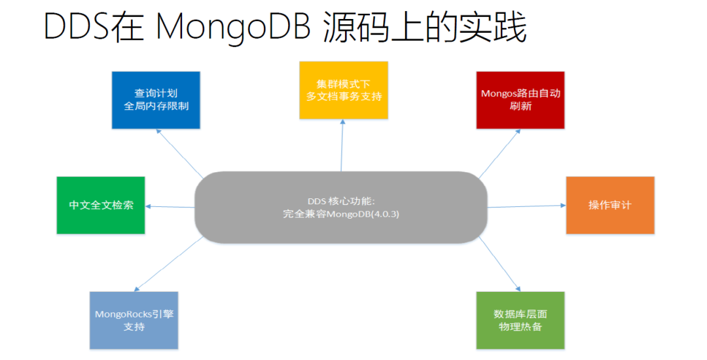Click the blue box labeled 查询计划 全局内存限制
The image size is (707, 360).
pyautogui.click(x=156, y=100)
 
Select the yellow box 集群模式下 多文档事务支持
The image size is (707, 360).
pyautogui.click(x=344, y=90)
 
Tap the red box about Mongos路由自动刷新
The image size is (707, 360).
pyautogui.click(x=520, y=99)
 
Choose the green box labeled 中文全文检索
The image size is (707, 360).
pyautogui.click(x=101, y=205)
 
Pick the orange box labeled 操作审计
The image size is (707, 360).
pyautogui.click(x=610, y=205)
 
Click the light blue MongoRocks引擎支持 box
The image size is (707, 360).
pyautogui.click(x=134, y=320)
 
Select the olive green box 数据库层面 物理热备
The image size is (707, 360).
pyautogui.click(x=520, y=320)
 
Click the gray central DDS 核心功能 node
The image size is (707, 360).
pyautogui.click(x=341, y=207)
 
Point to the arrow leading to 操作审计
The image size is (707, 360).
pyautogui.click(x=527, y=206)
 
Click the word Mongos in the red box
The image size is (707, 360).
pyautogui.click(x=498, y=94)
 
